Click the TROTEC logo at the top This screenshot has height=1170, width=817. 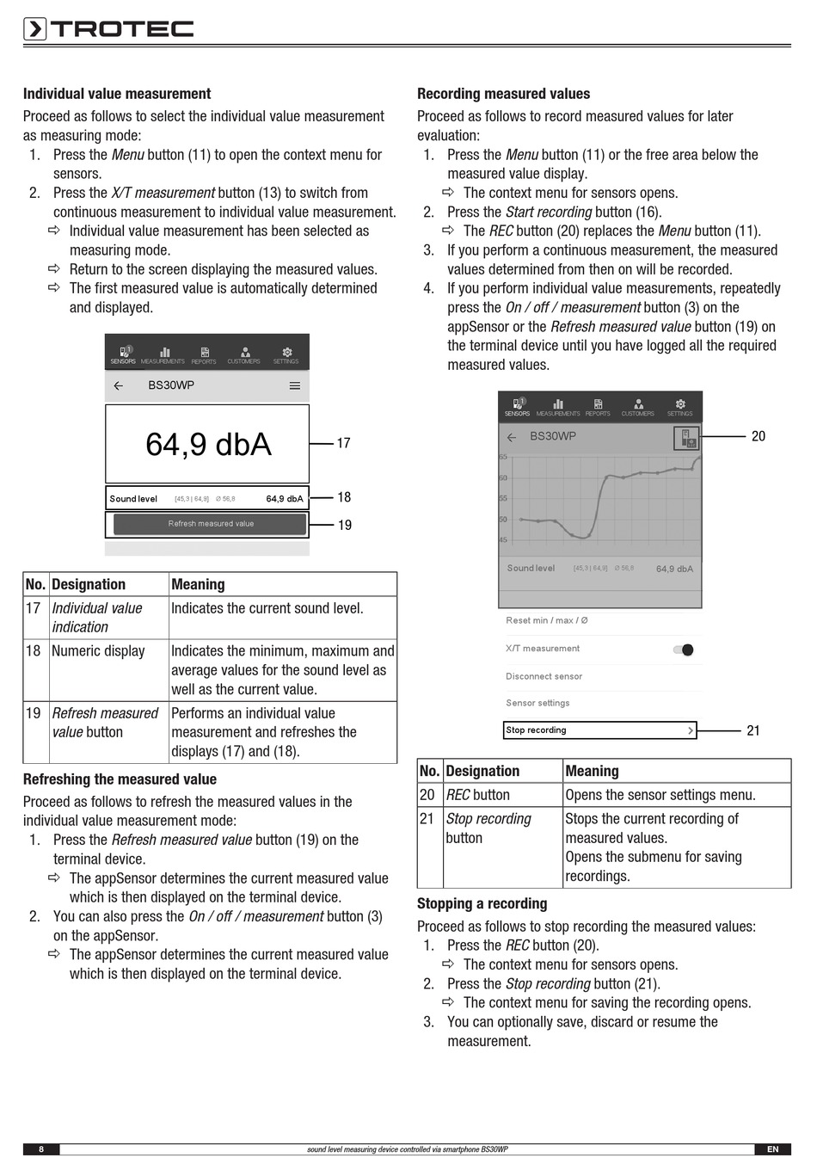pos(108,29)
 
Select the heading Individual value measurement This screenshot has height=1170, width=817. pos(117,94)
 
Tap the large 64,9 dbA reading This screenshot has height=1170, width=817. pos(208,445)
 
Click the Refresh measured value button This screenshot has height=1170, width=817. pos(211,524)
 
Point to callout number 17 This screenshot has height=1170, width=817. pos(343,443)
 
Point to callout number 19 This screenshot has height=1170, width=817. pos(344,525)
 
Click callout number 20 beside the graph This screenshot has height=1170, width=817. pos(758,436)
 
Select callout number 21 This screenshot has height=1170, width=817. pos(753,730)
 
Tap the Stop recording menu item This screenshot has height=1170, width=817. pos(599,730)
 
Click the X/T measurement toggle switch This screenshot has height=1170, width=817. pos(684,650)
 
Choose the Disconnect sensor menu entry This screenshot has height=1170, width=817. pos(544,676)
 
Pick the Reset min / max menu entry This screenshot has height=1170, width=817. pos(546,620)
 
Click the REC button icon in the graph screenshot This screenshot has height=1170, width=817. pos(686,438)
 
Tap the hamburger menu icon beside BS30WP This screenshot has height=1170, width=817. pos(295,386)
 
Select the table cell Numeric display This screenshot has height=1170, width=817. pos(98,651)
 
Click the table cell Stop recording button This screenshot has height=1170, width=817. pos(488,828)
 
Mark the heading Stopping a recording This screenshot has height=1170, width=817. pos(482,903)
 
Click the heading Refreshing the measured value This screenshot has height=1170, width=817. pos(120,779)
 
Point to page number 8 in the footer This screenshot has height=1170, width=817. pos(41,1149)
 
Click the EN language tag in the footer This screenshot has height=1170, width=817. pos(772,1149)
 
